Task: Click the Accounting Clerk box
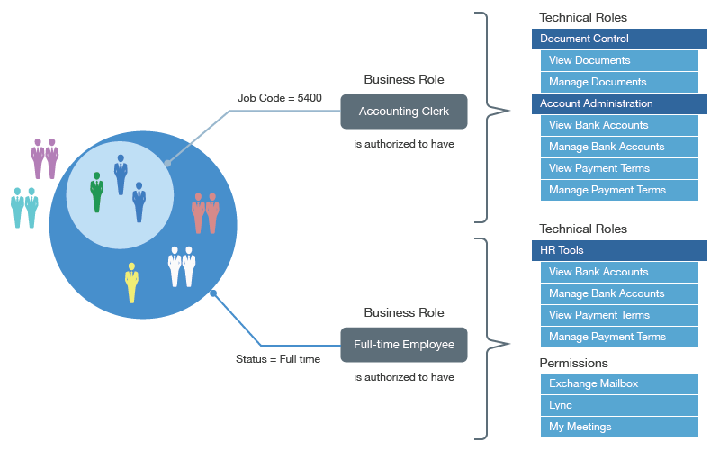404,112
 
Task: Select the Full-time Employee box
404,345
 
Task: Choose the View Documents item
619,60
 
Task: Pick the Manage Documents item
619,82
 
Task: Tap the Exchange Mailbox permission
619,383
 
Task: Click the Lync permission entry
619,405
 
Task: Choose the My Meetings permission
619,427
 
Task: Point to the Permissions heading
573,363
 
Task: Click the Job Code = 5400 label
280,98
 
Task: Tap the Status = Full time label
278,359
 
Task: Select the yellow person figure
132,283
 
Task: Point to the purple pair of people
45,158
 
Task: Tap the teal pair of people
24,207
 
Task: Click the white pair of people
182,266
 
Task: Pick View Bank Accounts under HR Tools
619,272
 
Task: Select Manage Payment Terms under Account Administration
619,190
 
